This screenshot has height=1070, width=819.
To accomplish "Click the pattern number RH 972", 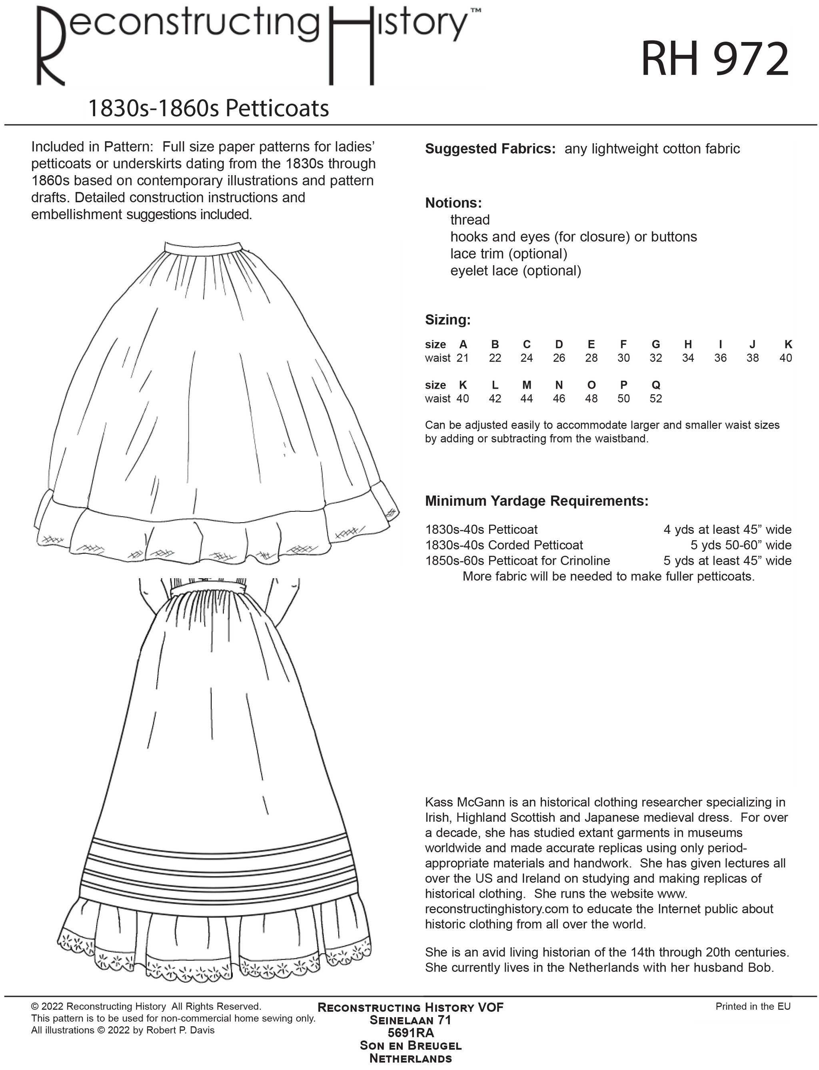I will click(714, 60).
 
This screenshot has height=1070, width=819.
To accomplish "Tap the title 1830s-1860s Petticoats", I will click(208, 108).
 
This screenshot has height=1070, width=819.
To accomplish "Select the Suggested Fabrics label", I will click(490, 149).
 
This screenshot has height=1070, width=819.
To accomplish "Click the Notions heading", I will click(453, 203).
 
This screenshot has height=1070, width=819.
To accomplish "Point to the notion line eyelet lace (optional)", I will click(515, 271).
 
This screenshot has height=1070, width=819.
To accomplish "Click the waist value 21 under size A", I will click(463, 358).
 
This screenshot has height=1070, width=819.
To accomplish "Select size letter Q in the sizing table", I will click(656, 385).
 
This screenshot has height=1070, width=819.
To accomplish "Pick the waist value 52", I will click(656, 399).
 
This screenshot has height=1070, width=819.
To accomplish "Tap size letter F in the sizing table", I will click(623, 344).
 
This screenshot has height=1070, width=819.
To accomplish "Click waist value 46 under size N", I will click(559, 399).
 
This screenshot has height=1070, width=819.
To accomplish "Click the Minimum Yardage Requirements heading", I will click(537, 501).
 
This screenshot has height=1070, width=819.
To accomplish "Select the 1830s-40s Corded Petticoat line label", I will click(504, 545).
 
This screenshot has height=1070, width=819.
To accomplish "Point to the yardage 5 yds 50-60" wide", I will click(741, 545).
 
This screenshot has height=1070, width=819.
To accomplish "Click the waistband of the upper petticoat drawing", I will click(203, 247).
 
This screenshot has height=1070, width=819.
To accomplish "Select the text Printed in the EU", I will click(753, 1006).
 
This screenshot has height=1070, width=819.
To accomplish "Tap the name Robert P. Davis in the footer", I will click(180, 1030).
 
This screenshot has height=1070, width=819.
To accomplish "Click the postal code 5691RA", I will click(410, 1032).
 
